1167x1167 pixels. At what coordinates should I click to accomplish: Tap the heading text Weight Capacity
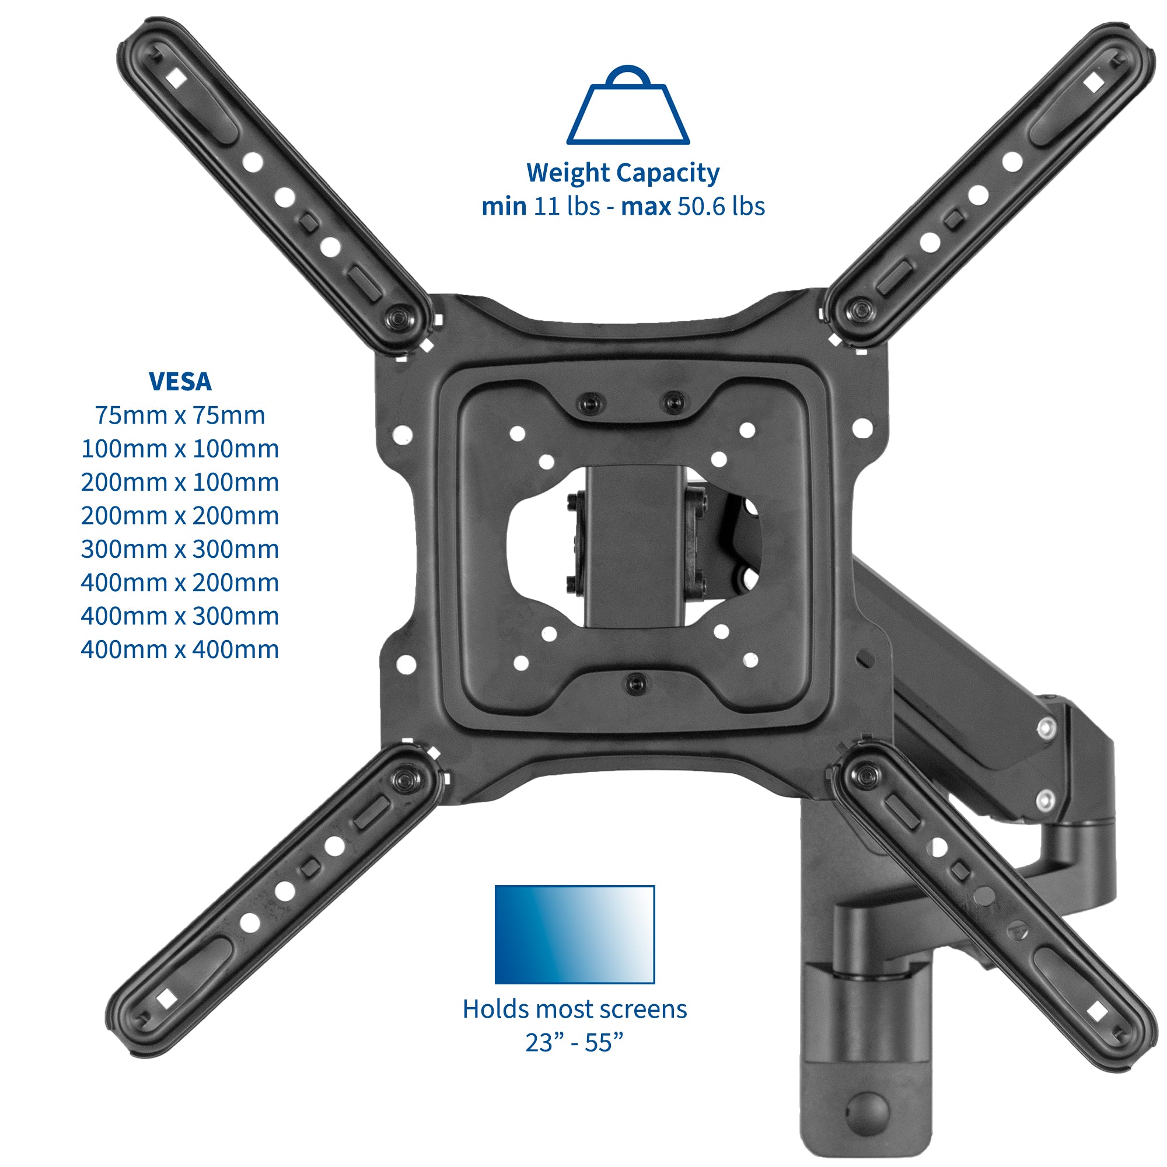click(x=623, y=173)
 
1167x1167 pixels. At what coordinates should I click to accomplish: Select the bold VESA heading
click(x=180, y=382)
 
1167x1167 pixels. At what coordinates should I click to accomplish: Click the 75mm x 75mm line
click(x=180, y=415)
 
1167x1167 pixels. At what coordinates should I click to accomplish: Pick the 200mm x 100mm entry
click(x=180, y=483)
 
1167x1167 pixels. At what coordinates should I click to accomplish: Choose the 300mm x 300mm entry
click(x=180, y=550)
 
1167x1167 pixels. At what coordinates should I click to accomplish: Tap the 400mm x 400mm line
click(x=180, y=650)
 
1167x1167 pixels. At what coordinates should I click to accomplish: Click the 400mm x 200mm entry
click(x=180, y=583)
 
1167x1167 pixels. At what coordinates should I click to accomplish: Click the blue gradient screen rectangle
click(x=574, y=934)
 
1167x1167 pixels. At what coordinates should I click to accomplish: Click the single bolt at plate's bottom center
click(x=635, y=683)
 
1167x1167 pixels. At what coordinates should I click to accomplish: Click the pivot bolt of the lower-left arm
click(x=404, y=778)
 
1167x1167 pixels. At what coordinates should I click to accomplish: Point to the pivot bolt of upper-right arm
click(x=858, y=310)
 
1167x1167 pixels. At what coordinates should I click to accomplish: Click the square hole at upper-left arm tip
click(x=176, y=76)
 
